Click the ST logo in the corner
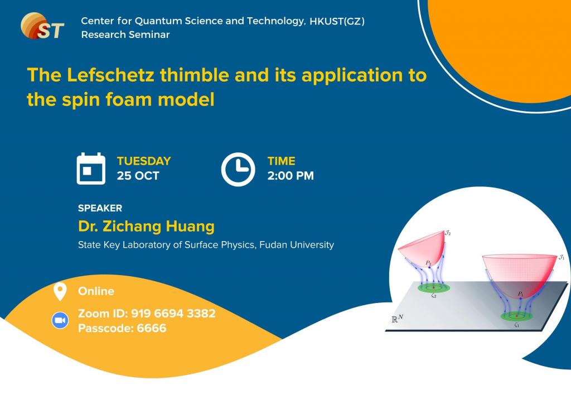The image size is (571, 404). point(42,26)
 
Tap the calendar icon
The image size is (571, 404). point(91,169)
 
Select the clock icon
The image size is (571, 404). point(238,170)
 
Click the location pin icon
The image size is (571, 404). point(60,291)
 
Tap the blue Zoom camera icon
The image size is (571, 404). point(60,320)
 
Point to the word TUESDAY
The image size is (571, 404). point(144,161)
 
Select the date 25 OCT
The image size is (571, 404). point(138,176)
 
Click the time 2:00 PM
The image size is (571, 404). point(291,176)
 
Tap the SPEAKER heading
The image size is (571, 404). point(100,208)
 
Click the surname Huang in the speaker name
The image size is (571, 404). point(190,227)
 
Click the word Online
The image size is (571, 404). point(96,291)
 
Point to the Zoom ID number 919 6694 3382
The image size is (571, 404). point(173,313)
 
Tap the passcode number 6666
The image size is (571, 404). point(152,328)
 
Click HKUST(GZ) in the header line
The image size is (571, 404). point(337,21)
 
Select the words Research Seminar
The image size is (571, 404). point(125,35)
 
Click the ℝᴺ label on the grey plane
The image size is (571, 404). point(397,319)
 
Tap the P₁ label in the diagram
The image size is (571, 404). point(521,294)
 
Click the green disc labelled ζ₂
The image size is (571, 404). point(434,288)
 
